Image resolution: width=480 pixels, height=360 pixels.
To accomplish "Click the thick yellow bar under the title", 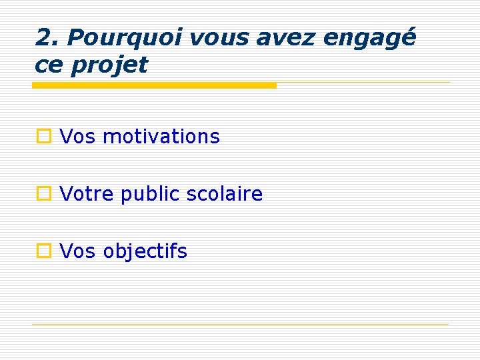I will tap(154, 85).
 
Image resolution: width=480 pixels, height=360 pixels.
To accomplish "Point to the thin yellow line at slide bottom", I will tap(241, 325).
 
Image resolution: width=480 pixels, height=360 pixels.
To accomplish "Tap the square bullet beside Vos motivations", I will tap(44, 137).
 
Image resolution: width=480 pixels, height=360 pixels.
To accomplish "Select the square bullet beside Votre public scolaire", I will tap(44, 194).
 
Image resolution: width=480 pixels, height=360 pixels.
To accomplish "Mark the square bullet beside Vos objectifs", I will tap(44, 251).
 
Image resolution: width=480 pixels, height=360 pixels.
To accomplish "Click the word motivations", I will tap(161, 137).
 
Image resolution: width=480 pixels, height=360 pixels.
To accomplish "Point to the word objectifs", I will tap(145, 252).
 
